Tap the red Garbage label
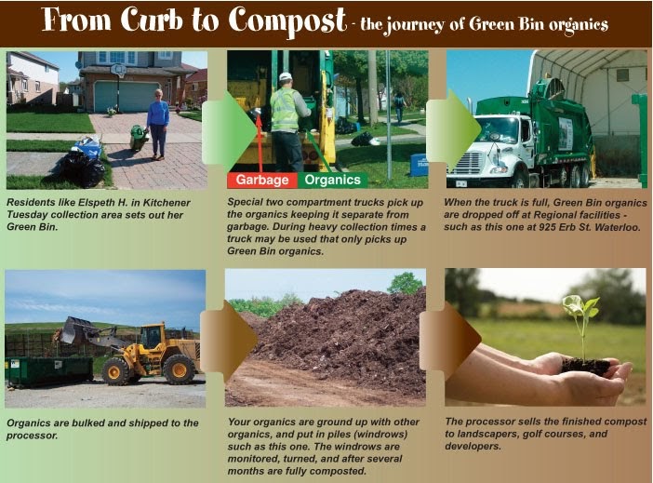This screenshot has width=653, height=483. pyautogui.click(x=261, y=181)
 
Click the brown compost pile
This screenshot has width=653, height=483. pyautogui.click(x=335, y=340)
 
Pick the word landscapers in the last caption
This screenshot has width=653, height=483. pyautogui.click(x=478, y=435)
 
